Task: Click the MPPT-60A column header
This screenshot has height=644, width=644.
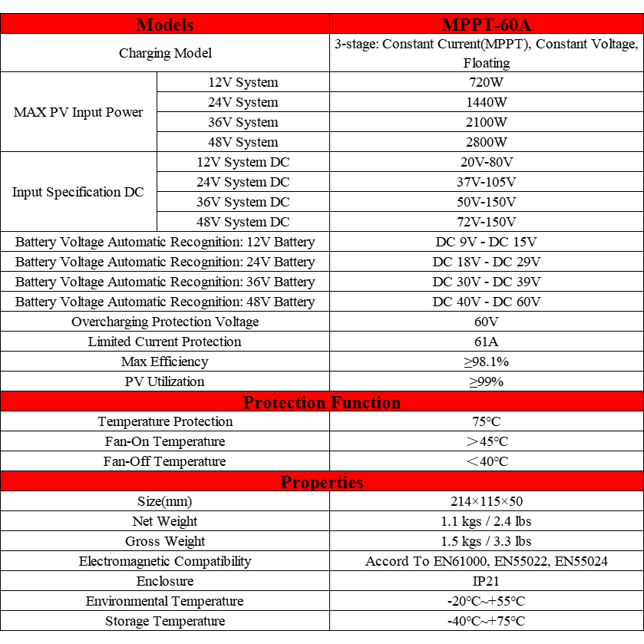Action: pos(487,24)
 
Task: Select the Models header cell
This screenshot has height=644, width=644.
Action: pos(165,24)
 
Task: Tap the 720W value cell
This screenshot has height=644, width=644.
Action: pos(487,82)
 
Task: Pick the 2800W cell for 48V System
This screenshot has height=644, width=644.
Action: pos(487,142)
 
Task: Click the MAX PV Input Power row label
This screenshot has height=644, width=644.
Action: pos(78,112)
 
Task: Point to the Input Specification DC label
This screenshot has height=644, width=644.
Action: pos(78,192)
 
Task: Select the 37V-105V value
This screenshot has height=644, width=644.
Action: pos(487,182)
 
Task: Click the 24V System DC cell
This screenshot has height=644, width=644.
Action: pos(243,182)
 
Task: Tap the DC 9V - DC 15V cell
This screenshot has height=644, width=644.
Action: pos(487,242)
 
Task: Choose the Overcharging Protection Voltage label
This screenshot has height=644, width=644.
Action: pos(165,322)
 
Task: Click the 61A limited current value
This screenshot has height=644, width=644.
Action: pos(487,342)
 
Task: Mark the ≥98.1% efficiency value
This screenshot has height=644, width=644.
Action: pos(487,362)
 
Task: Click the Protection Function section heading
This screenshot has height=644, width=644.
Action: pos(322,402)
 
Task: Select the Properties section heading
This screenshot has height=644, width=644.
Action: pos(322,482)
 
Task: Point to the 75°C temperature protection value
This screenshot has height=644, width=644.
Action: pos(487,421)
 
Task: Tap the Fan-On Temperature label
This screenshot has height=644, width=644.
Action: pos(165,441)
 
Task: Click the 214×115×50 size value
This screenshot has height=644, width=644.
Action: pos(487,501)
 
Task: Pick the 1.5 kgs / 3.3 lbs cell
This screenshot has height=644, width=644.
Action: pos(487,541)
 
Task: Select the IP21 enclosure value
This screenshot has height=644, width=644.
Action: pos(487,581)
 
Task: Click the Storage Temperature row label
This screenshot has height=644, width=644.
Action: pos(165,621)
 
